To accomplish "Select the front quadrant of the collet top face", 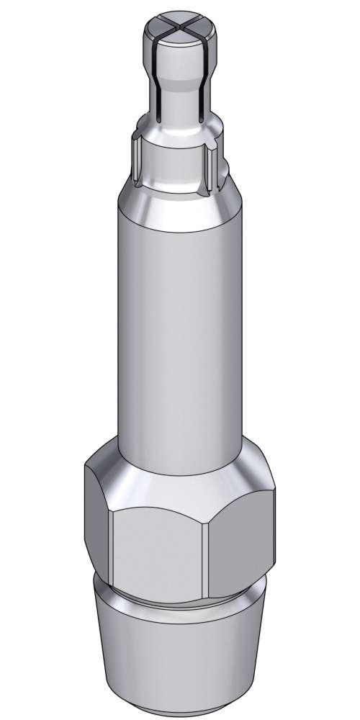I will (177, 39).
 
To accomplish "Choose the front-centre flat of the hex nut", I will (158, 547).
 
